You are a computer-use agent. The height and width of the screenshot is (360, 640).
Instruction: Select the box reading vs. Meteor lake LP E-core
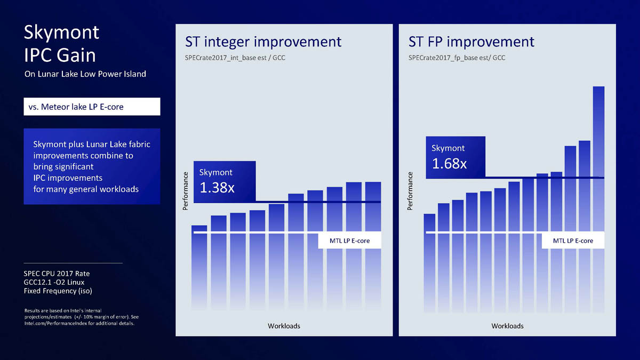[92, 107]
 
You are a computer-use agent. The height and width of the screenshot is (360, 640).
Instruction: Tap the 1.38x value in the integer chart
[217, 188]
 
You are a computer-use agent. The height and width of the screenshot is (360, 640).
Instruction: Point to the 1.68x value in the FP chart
[449, 163]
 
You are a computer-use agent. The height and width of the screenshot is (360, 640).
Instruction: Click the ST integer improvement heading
[263, 42]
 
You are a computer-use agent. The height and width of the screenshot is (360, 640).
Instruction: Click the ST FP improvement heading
[471, 42]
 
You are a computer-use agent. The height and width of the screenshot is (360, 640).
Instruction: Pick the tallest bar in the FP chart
[598, 203]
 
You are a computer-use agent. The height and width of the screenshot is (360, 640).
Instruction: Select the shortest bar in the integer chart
[199, 272]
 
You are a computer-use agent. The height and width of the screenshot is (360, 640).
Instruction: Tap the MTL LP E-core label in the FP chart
[573, 241]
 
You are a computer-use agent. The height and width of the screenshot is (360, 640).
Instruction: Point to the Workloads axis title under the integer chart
[284, 326]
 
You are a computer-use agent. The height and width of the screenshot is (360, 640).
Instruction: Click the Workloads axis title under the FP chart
[507, 326]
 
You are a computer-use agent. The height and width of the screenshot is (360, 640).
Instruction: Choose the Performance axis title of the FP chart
[410, 190]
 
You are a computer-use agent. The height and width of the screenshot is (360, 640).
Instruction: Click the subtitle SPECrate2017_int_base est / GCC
[235, 58]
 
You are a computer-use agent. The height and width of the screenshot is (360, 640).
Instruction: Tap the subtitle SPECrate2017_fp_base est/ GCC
[457, 58]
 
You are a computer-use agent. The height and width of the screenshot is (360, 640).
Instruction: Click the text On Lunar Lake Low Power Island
[85, 74]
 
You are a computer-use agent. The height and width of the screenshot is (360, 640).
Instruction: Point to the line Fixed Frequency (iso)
[58, 291]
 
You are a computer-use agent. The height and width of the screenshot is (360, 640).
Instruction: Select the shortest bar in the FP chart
[429, 267]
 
